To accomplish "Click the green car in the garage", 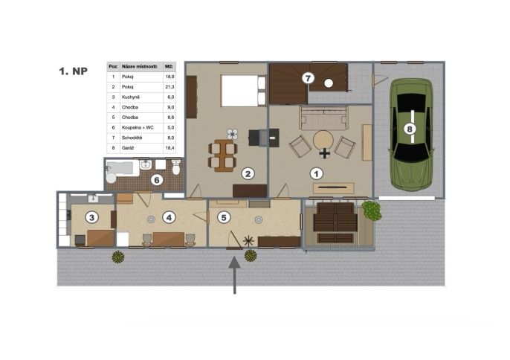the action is click(411, 135).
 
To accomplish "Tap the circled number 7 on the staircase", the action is click(308, 78).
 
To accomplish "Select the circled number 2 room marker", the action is click(248, 174).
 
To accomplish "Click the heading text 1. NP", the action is click(73, 71).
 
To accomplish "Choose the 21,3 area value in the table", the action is click(170, 87).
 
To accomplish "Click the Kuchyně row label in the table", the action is click(130, 97).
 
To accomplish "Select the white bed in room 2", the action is click(243, 91).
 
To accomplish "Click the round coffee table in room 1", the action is click(323, 141).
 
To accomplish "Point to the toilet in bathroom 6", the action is click(176, 167).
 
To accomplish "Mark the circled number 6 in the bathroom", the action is click(157, 180).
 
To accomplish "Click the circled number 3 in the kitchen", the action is click(91, 217).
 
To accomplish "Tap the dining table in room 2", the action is click(223, 155).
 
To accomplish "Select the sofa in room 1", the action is click(324, 118).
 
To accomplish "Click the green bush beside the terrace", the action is click(372, 210).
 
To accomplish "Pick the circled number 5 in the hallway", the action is click(224, 217).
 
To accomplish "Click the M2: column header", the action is click(169, 67).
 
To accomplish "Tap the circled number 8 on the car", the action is click(410, 129).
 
